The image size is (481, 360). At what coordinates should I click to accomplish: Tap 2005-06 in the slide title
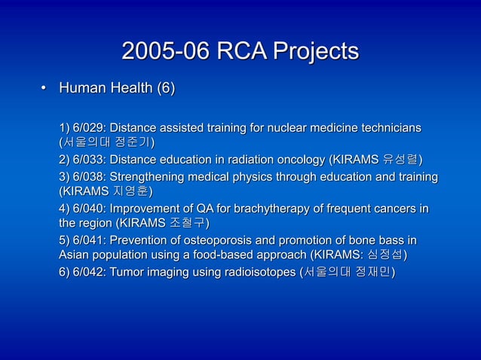(166, 52)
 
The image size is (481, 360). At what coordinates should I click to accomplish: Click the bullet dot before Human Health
(43, 92)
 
